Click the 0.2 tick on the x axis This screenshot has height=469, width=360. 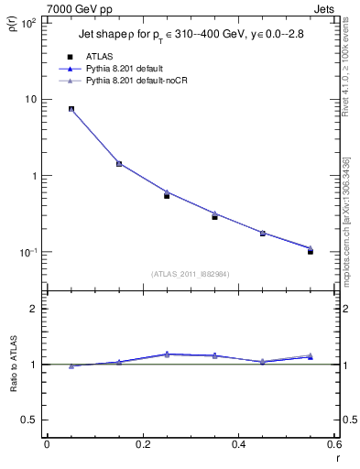142,445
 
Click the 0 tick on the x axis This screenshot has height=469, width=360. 47,445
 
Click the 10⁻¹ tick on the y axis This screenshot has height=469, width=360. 27,252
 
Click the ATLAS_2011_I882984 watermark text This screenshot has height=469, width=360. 191,273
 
